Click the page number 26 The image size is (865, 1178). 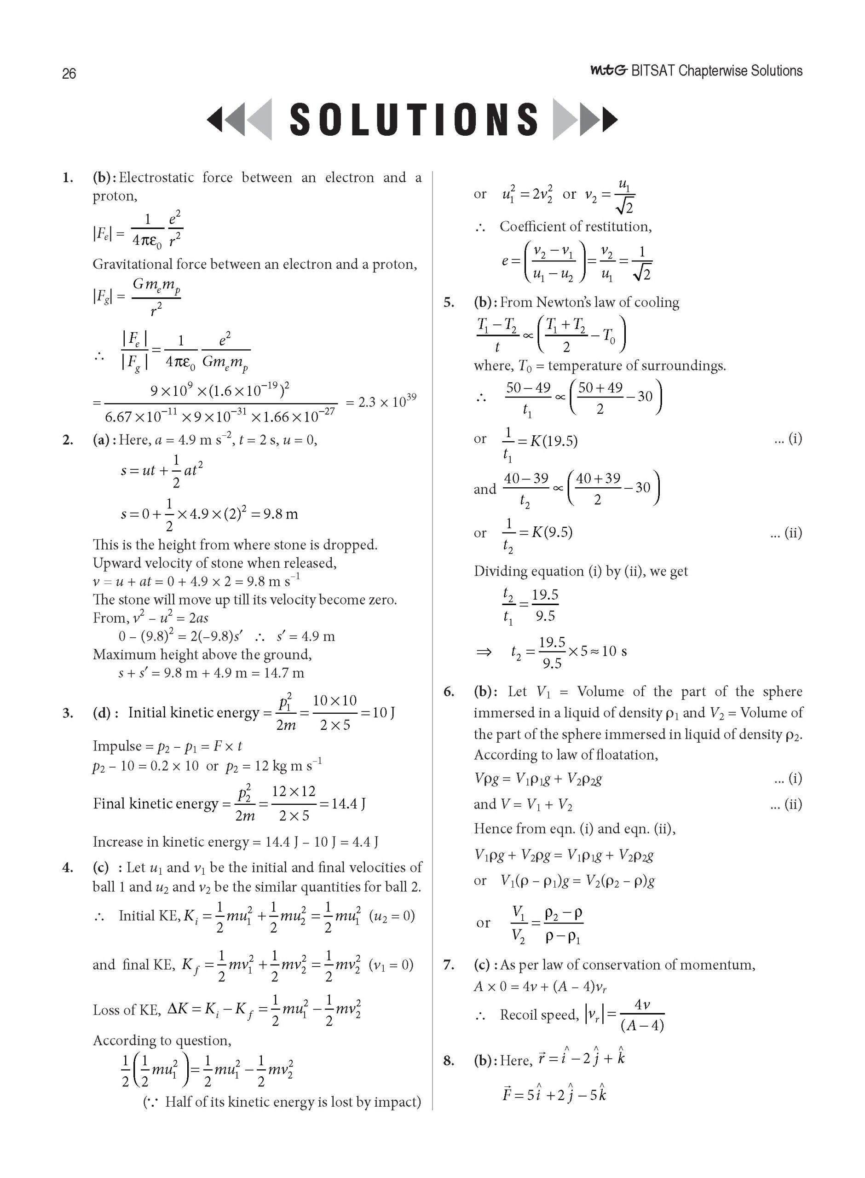tap(69, 73)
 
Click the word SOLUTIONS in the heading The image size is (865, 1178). tap(413, 119)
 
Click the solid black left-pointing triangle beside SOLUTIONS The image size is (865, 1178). tap(215, 119)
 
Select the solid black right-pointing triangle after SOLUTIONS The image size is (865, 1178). tap(611, 119)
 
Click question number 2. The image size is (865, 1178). tap(68, 440)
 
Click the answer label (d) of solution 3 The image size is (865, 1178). tap(102, 713)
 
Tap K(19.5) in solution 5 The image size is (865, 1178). tap(554, 441)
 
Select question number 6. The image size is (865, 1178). tap(449, 692)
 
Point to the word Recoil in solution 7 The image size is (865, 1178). tap(523, 1015)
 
